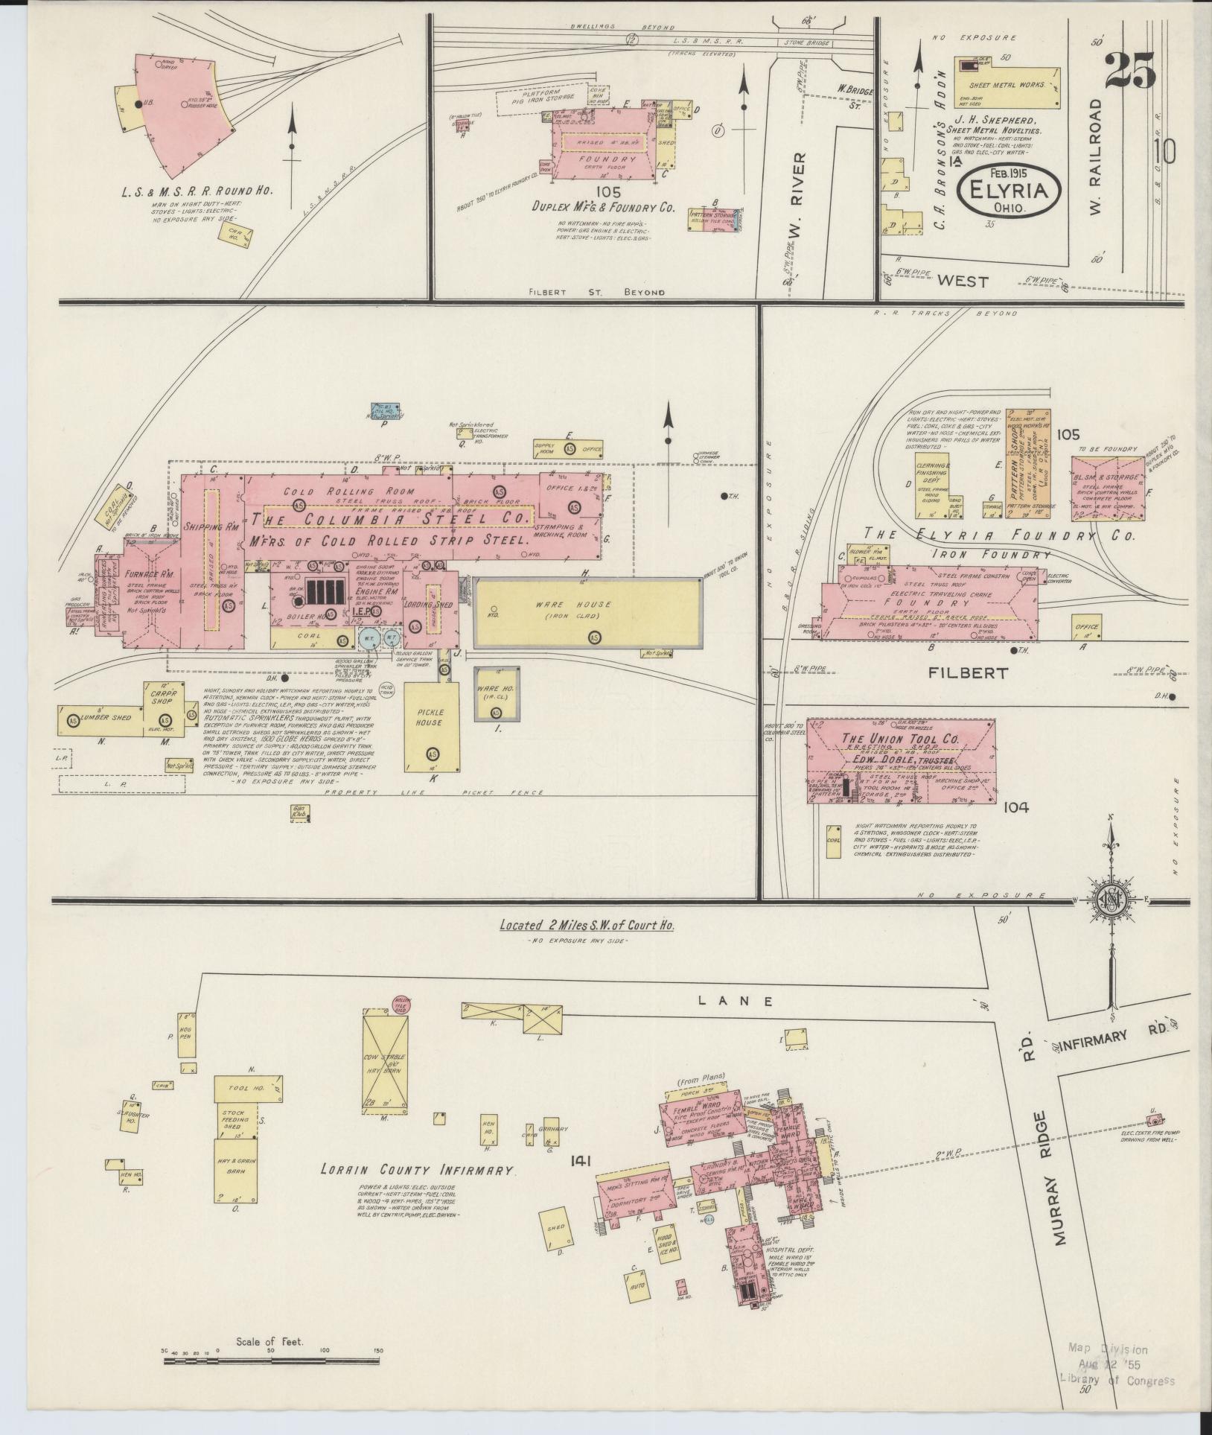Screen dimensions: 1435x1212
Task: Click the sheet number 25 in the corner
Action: [1129, 71]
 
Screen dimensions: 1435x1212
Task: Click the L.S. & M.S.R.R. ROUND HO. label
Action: [197, 191]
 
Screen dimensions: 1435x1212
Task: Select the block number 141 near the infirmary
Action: [584, 1159]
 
